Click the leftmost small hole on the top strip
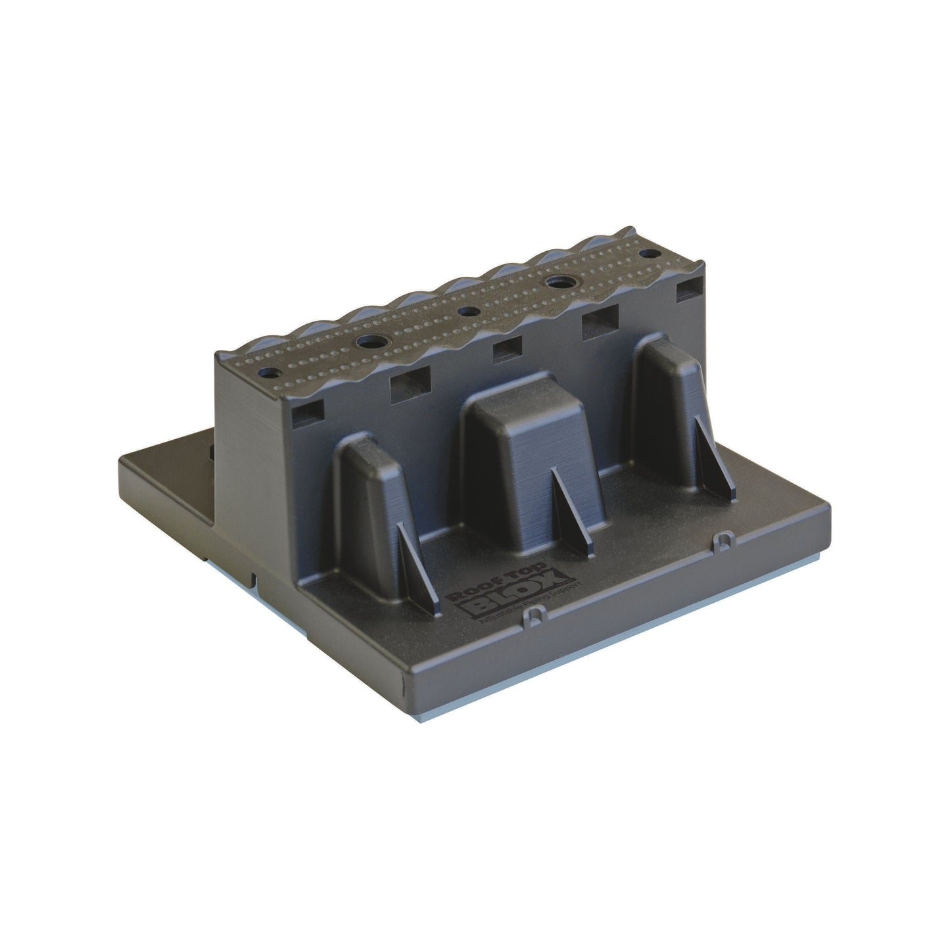coord(269,372)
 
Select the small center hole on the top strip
coord(467,311)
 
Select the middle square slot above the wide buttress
coord(508,350)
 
